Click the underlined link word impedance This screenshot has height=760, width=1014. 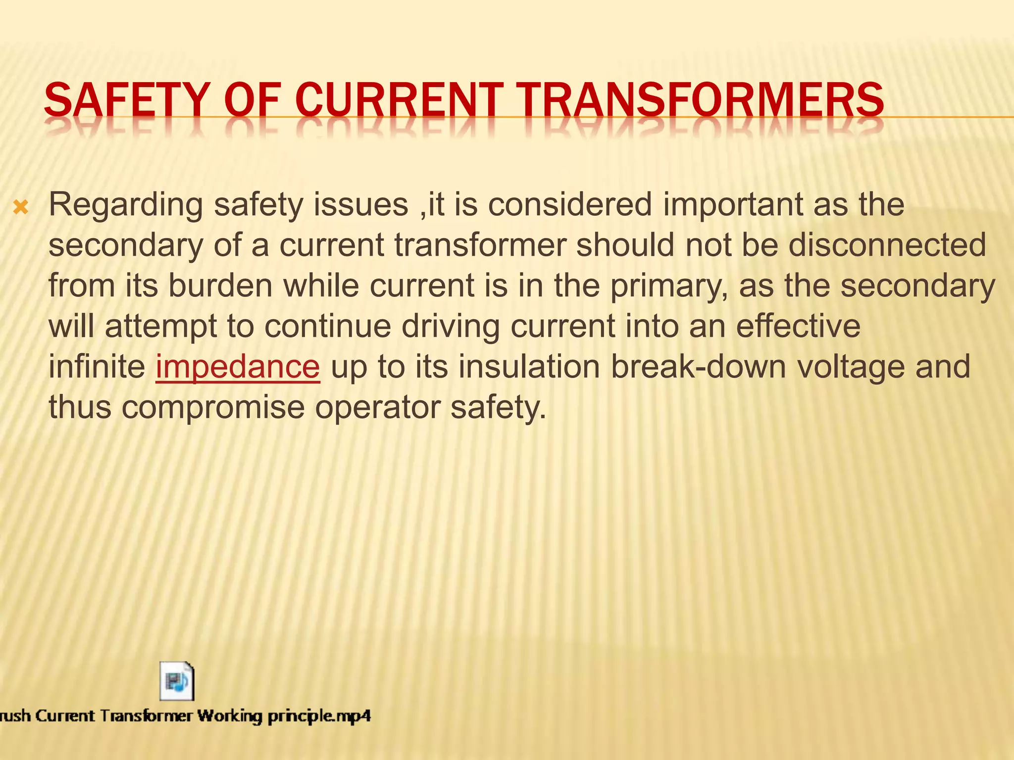(x=238, y=367)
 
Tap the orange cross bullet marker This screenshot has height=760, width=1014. (x=21, y=207)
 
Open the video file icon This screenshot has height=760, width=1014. (x=177, y=681)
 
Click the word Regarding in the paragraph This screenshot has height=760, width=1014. (x=126, y=205)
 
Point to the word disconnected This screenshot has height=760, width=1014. (x=887, y=245)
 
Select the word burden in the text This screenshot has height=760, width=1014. (x=220, y=285)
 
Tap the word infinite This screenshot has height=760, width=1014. (x=97, y=367)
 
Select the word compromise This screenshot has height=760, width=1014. (x=213, y=408)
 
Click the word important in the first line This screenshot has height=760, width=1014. (x=732, y=205)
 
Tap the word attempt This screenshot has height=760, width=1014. (x=161, y=327)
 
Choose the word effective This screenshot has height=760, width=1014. (x=798, y=326)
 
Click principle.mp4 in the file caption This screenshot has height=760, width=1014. (x=319, y=716)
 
